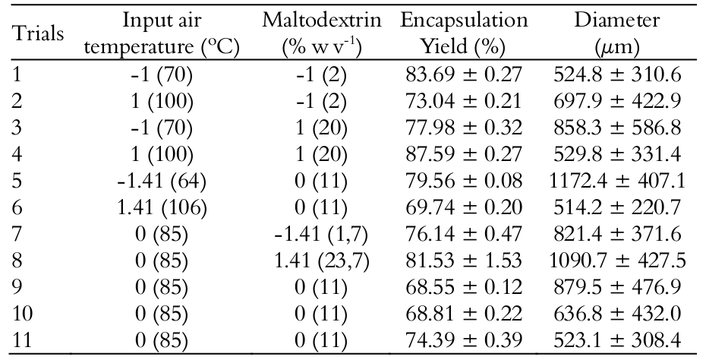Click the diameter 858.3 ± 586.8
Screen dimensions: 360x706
[x=619, y=128]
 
